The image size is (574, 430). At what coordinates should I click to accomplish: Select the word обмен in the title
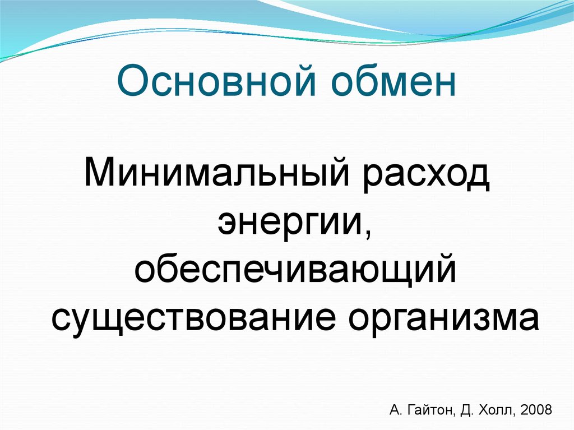tap(400, 82)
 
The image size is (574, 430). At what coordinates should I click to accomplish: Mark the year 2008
tap(536, 409)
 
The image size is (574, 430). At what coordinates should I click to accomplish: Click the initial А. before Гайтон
tap(394, 409)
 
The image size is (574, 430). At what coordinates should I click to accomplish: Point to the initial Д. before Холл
tap(467, 409)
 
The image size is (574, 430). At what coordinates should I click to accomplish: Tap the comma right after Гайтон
tap(456, 414)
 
